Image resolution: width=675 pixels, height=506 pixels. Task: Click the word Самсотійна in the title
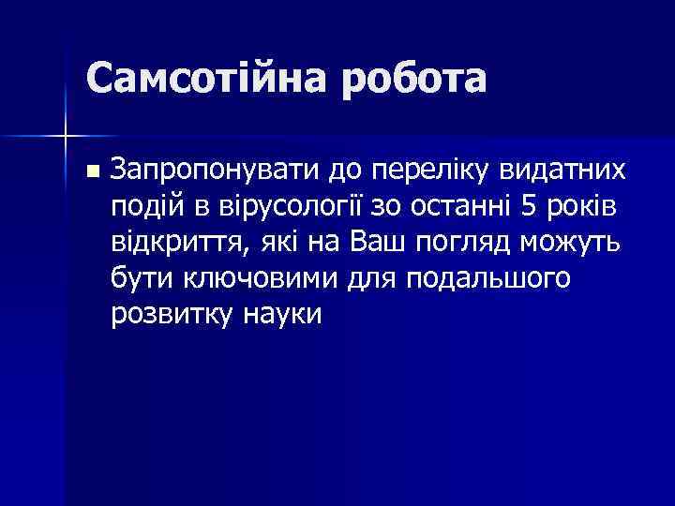pos(206,79)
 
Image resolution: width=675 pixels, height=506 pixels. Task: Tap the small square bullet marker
pos(90,171)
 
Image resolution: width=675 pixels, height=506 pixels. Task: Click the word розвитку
pos(167,315)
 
